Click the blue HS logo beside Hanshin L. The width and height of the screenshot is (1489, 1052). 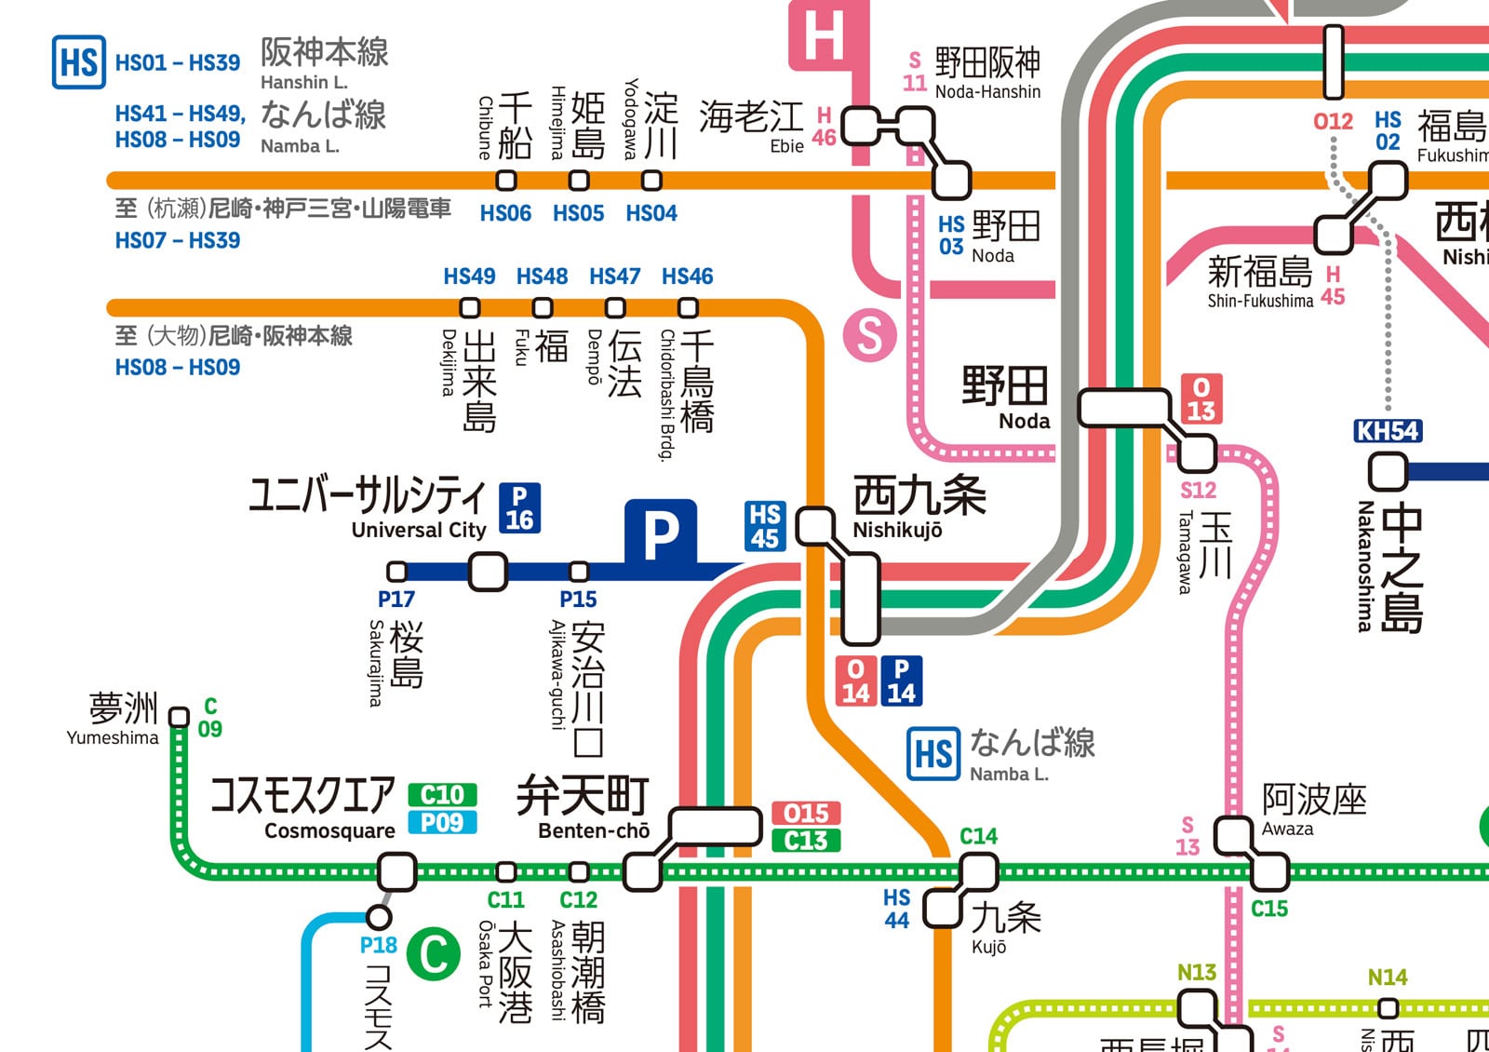(x=78, y=62)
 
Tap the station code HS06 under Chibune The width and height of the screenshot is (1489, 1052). (x=505, y=213)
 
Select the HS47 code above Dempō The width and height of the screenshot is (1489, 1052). (x=614, y=276)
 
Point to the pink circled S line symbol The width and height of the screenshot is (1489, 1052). (x=869, y=335)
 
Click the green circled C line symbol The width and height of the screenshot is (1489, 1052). (x=434, y=953)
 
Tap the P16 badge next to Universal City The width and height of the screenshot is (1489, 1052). (x=519, y=508)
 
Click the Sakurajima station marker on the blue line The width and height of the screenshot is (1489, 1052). (x=397, y=571)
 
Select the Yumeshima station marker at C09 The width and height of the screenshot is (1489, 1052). (x=179, y=717)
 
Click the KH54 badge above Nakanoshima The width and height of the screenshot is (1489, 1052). (x=1387, y=431)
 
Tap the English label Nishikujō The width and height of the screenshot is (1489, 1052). (x=897, y=530)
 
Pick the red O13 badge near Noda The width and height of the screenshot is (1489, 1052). (x=1201, y=399)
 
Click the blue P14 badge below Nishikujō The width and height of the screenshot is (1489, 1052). (x=901, y=681)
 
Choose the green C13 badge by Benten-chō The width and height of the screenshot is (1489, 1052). (x=806, y=841)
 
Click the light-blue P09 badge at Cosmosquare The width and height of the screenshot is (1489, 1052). (x=442, y=823)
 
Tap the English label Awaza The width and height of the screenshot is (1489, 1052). (x=1287, y=829)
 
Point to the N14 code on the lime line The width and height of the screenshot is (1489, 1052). (x=1387, y=978)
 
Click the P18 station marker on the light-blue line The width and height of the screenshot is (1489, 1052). (x=379, y=917)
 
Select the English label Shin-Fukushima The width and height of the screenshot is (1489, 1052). (x=1260, y=301)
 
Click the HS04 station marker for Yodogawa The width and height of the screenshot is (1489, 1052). (x=652, y=180)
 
